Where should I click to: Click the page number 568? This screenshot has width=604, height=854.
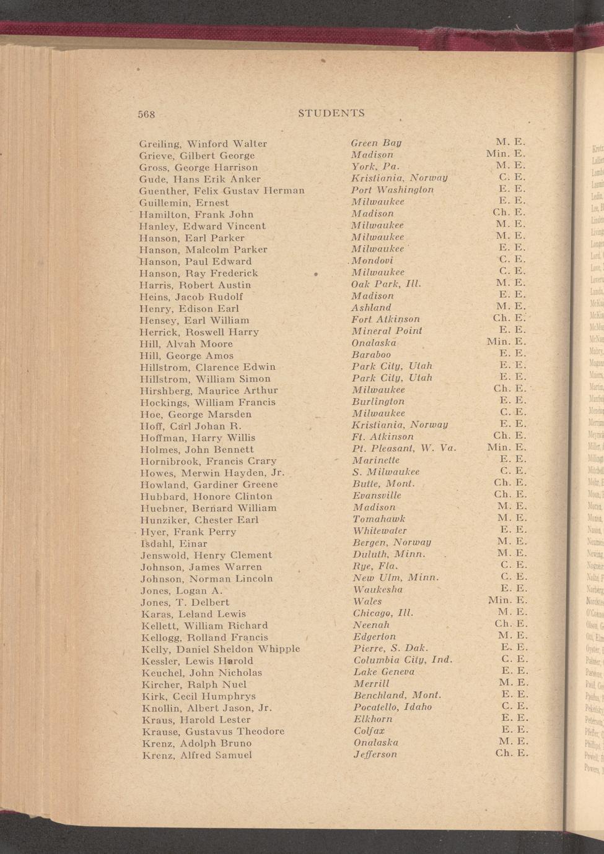point(146,114)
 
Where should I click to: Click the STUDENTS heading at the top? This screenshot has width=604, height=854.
point(331,113)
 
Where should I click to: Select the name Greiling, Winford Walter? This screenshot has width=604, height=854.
point(203,144)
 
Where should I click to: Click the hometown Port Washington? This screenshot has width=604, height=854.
point(392,190)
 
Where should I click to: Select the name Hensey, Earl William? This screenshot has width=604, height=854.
point(194,320)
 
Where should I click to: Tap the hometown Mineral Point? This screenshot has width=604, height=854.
point(387,331)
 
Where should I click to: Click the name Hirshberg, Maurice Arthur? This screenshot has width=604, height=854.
point(209,390)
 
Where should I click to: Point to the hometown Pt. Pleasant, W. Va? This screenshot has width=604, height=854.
point(404,449)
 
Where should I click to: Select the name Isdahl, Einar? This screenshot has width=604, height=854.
point(174,543)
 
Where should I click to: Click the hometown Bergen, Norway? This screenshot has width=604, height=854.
point(392,543)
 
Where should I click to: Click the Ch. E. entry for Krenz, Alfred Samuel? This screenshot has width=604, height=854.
point(511,754)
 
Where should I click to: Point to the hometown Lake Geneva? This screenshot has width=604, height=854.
point(384,672)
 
